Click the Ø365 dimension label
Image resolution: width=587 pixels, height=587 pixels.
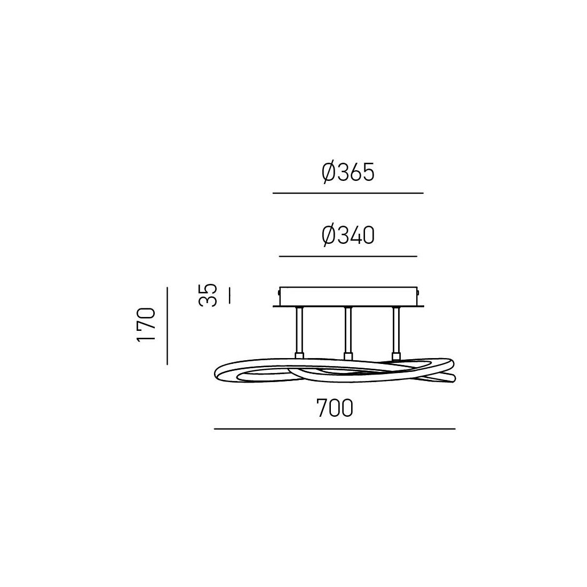click(x=348, y=172)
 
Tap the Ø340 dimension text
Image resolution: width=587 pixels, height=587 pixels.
click(x=348, y=236)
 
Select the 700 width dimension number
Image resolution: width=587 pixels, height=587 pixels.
click(x=335, y=408)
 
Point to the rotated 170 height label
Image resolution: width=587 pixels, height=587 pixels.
click(x=146, y=324)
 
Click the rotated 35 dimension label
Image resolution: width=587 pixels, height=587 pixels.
click(x=208, y=296)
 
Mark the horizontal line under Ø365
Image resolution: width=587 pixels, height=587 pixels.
click(x=348, y=193)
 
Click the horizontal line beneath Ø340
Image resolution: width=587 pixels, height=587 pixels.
click(x=348, y=257)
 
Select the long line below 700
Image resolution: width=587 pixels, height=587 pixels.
click(x=335, y=429)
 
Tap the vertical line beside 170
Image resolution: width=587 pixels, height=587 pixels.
click(x=167, y=326)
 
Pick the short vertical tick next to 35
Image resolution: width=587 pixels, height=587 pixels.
click(x=229, y=295)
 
